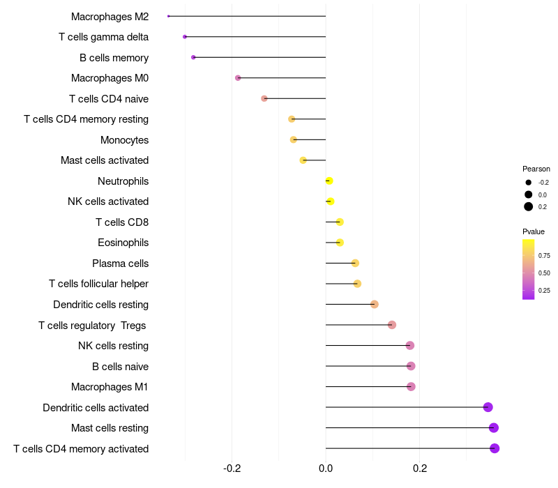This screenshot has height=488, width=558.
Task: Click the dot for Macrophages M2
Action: (169, 16)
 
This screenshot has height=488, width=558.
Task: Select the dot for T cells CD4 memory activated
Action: (495, 448)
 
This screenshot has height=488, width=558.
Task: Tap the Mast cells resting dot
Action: (494, 428)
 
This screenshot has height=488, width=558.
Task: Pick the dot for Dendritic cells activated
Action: (488, 407)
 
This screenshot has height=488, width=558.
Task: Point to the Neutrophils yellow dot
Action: (329, 181)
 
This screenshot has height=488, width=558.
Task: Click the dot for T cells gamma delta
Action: (185, 37)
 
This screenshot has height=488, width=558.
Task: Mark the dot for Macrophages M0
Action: (238, 78)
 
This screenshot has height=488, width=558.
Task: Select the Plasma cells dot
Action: (355, 264)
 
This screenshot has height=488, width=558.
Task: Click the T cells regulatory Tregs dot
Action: (392, 325)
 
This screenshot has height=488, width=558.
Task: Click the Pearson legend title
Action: (536, 169)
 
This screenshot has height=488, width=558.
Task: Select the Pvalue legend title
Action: (534, 231)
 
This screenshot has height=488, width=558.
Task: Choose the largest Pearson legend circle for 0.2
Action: (529, 206)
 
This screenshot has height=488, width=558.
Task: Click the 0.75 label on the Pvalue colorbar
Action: (544, 256)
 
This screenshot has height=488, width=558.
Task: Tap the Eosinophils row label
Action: (123, 243)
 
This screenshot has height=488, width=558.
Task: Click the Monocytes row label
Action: (124, 140)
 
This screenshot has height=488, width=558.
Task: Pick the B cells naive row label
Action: (120, 366)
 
